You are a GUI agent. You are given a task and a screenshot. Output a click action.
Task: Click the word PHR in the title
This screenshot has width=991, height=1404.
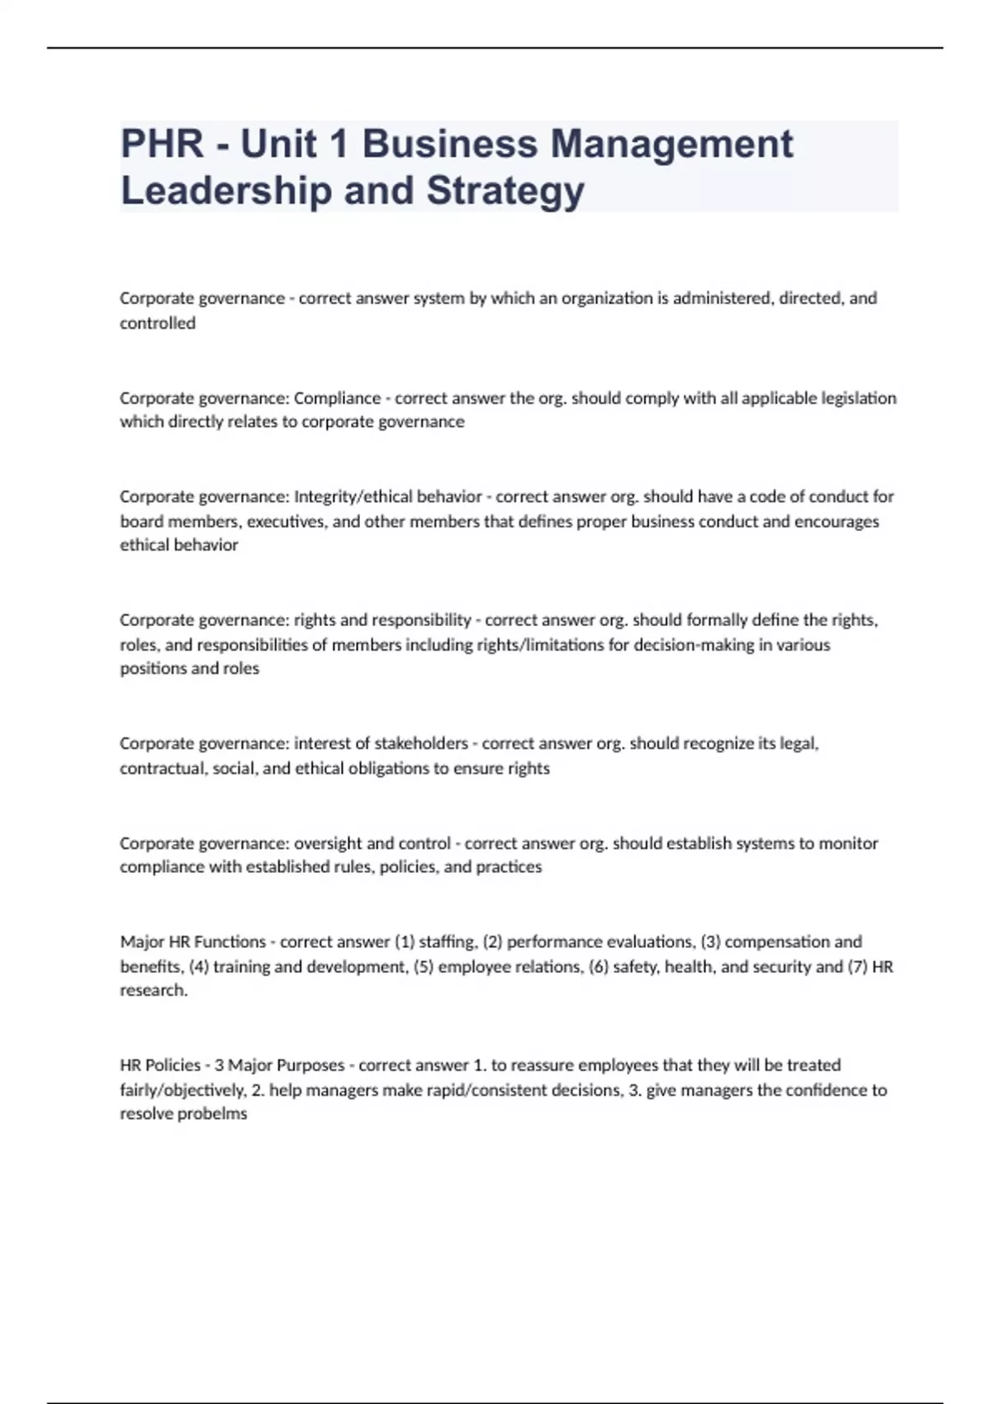[x=162, y=144]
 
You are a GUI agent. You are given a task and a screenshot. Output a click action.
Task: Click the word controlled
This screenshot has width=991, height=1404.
[x=158, y=323]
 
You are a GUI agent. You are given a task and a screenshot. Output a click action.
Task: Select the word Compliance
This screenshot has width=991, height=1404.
[x=337, y=398]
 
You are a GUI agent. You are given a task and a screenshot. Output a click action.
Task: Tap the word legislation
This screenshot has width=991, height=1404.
[x=859, y=398]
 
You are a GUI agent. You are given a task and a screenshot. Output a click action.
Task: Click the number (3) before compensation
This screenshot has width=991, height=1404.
[x=710, y=942]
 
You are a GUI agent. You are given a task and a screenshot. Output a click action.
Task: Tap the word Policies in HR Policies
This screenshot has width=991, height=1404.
[x=173, y=1065]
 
